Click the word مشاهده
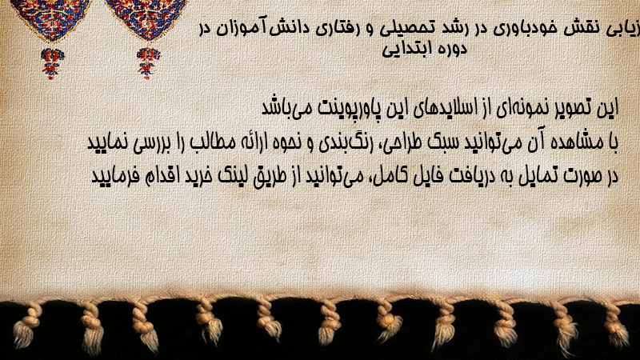point(576,143)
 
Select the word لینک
point(230,176)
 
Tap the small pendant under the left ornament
point(52,62)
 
